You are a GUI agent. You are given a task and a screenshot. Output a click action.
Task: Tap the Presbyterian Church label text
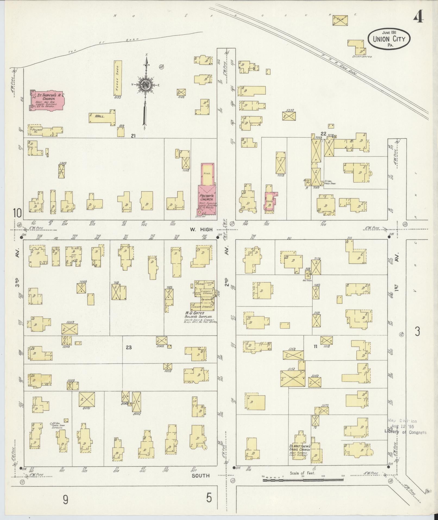pos(207,197)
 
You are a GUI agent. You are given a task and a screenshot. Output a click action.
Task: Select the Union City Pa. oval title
pos(389,39)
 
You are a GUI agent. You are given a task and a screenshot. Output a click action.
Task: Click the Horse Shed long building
pos(118,78)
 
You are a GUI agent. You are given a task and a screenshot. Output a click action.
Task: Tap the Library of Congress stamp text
pos(405,432)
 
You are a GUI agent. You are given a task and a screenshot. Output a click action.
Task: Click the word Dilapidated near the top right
pos(362,57)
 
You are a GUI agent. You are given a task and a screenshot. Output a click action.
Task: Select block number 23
pos(129,347)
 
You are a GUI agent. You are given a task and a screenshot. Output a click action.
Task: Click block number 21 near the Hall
pos(133,136)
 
